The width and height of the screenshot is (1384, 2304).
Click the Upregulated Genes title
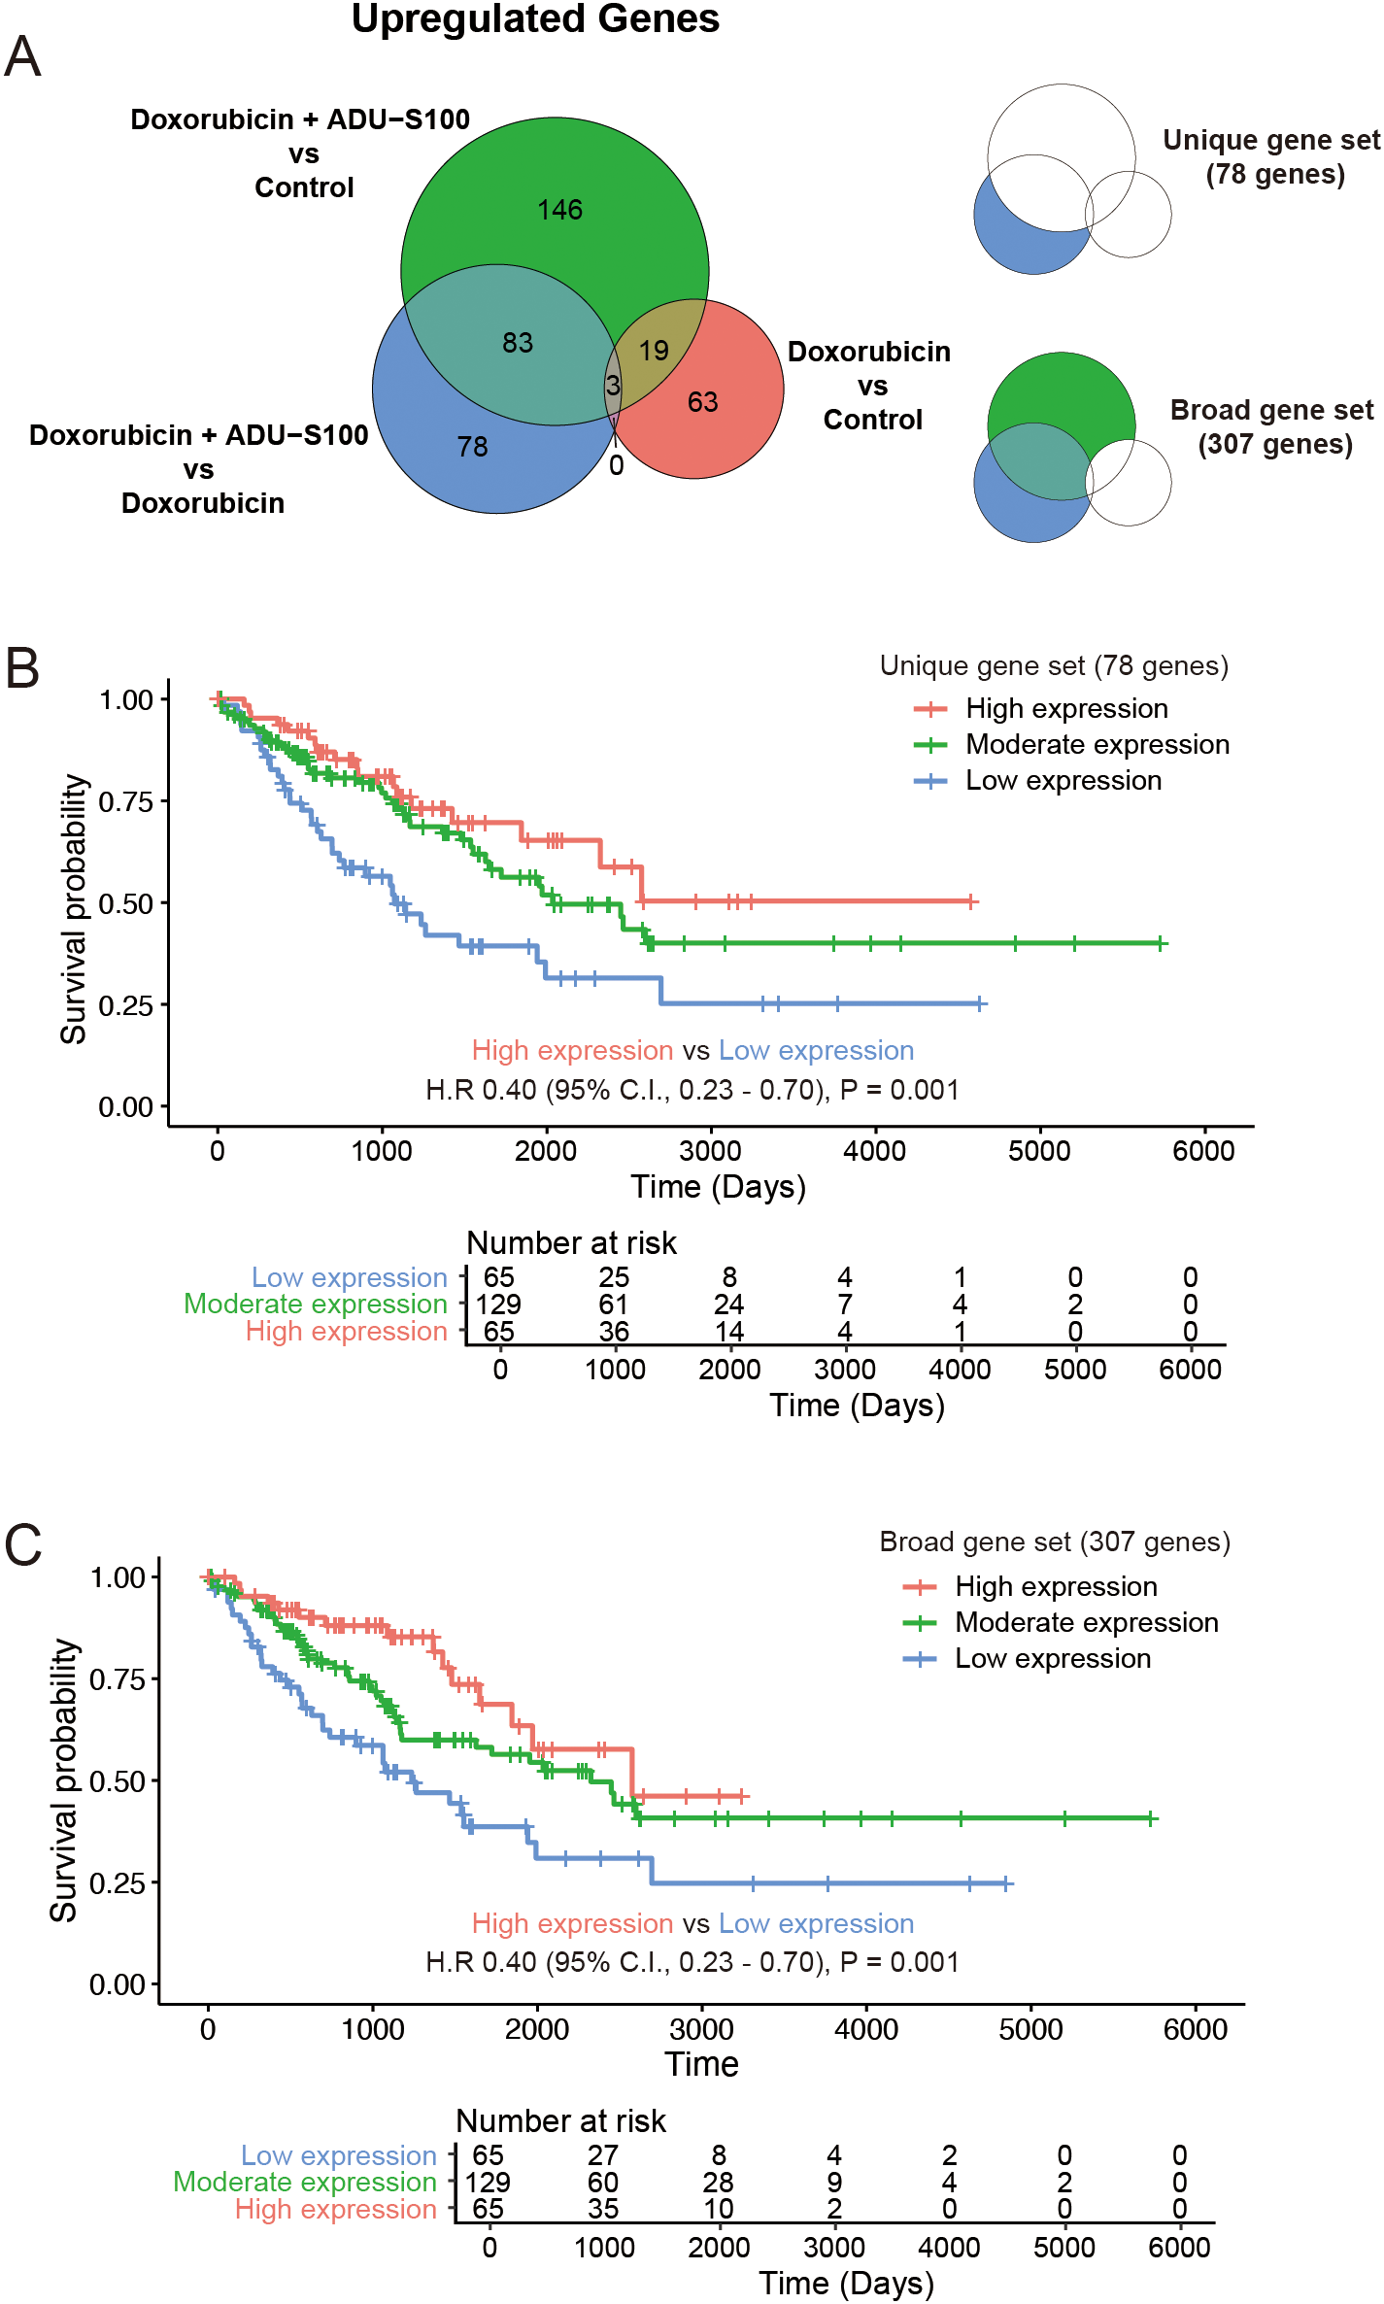click(x=535, y=19)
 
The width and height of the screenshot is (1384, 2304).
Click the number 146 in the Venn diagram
click(x=560, y=210)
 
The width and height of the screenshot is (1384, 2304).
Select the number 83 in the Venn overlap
click(x=518, y=343)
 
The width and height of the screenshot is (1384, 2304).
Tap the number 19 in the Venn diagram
click(x=654, y=351)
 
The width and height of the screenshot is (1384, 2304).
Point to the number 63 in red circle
click(x=702, y=402)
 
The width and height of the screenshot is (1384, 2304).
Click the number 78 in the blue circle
click(x=472, y=447)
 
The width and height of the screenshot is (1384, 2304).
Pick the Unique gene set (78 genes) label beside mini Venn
click(x=1272, y=157)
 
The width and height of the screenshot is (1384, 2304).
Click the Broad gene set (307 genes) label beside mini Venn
click(x=1272, y=426)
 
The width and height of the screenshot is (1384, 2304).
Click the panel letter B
click(x=22, y=669)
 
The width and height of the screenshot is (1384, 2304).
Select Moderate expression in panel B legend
click(x=1097, y=745)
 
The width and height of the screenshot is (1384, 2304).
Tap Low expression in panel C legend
click(x=1053, y=1658)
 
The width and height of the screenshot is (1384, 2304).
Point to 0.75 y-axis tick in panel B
click(x=126, y=802)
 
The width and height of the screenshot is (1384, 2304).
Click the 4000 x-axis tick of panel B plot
click(x=874, y=1151)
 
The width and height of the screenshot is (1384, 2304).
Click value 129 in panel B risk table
click(x=498, y=1304)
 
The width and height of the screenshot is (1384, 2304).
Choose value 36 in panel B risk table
click(x=614, y=1332)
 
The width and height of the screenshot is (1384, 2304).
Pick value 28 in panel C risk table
click(x=718, y=2183)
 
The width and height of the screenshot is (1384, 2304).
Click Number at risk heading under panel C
click(x=560, y=2121)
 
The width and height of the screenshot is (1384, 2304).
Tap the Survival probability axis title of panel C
click(x=64, y=1779)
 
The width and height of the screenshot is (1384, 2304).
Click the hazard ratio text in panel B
click(x=692, y=1090)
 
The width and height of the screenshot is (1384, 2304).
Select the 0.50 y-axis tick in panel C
click(x=118, y=1782)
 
